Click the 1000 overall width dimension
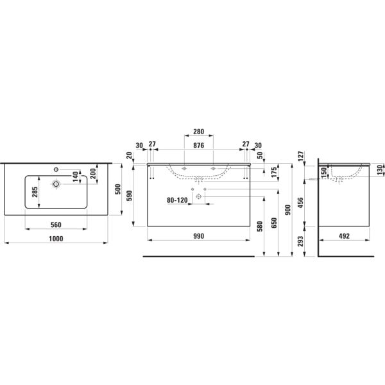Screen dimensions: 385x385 coord(56,239)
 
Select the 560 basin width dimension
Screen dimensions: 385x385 coord(56,225)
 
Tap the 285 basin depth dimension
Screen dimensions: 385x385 coord(35,192)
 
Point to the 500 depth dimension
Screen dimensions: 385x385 coord(118,189)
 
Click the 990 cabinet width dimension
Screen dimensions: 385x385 coord(198,236)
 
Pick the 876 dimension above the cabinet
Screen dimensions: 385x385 coord(198,146)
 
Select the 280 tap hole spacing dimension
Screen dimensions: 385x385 coord(198,132)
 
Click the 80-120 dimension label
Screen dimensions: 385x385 coord(177,200)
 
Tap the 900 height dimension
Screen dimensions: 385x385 coord(288,210)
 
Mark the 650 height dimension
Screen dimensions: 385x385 coord(274,223)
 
